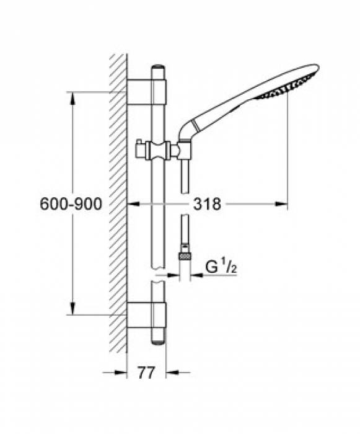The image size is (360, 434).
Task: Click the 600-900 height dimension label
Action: [69, 203]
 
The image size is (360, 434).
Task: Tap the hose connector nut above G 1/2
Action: [184, 255]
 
